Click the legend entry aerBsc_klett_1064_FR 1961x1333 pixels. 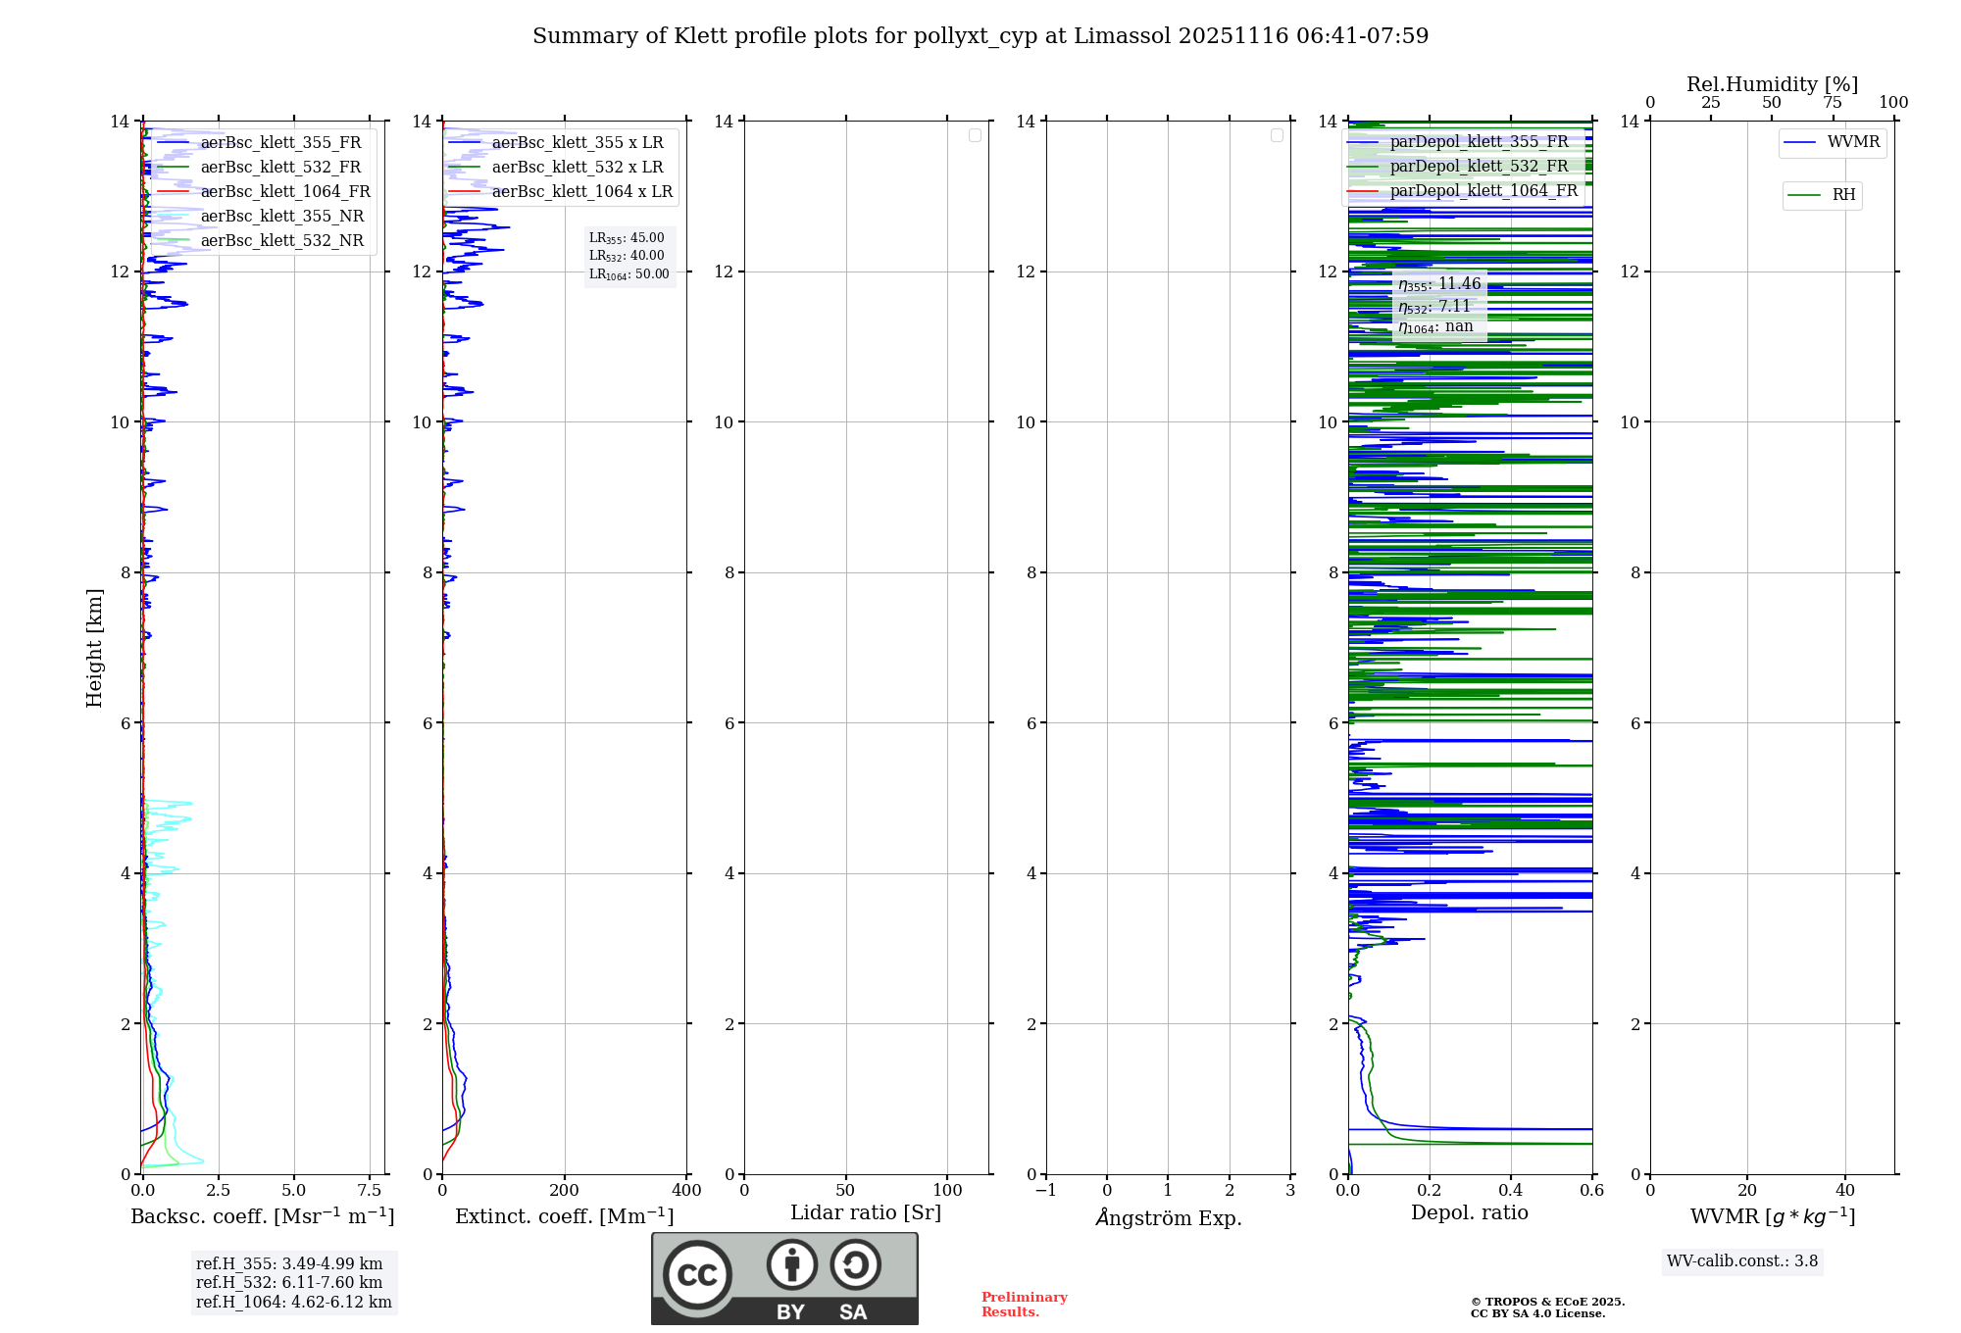(x=284, y=192)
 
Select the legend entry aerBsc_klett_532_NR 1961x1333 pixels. (x=281, y=241)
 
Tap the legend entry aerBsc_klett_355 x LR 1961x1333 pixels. (x=577, y=143)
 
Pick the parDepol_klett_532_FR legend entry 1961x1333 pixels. (x=1479, y=167)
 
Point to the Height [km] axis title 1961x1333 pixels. (x=94, y=648)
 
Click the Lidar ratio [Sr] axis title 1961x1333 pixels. (x=866, y=1213)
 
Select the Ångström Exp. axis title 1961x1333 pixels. (x=1169, y=1218)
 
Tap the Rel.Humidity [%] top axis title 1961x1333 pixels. (x=1772, y=84)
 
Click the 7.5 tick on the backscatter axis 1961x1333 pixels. (x=370, y=1191)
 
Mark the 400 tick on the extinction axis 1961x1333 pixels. (x=686, y=1191)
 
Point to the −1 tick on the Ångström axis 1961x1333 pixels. (x=1046, y=1191)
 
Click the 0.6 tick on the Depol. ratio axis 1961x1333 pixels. (x=1591, y=1191)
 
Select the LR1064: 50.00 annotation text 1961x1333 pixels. (x=629, y=274)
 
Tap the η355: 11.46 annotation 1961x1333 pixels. (x=1439, y=284)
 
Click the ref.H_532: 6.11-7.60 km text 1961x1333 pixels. (x=289, y=1283)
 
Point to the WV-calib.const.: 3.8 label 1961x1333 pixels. (x=1742, y=1261)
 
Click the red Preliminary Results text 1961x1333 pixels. (x=1024, y=1305)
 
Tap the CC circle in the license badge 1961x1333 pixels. (x=697, y=1275)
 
